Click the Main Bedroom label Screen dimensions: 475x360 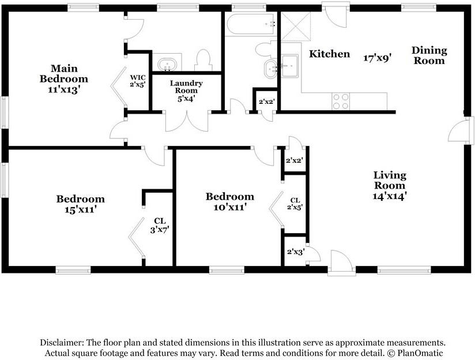click(x=64, y=73)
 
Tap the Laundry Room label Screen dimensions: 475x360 click(x=186, y=87)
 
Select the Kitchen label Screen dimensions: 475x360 click(x=329, y=54)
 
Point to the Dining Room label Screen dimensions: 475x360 click(x=429, y=55)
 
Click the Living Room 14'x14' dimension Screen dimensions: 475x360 click(x=389, y=196)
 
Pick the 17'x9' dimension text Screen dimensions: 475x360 click(x=378, y=58)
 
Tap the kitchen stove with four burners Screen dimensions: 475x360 click(x=341, y=102)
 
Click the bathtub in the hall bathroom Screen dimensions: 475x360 click(x=251, y=24)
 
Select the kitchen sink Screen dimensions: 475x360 click(x=289, y=66)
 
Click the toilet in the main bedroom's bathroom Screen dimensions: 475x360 click(x=203, y=60)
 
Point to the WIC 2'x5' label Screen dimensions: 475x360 click(x=138, y=81)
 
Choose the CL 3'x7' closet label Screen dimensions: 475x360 click(x=160, y=226)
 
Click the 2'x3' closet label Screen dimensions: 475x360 click(x=296, y=252)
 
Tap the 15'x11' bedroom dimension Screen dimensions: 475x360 click(x=81, y=209)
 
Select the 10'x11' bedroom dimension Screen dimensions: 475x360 click(x=229, y=207)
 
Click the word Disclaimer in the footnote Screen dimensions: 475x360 click(x=62, y=343)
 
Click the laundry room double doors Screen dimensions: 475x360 click(x=187, y=121)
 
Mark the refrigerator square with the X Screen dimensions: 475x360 click(x=296, y=27)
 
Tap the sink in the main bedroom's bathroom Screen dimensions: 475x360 click(x=167, y=64)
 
